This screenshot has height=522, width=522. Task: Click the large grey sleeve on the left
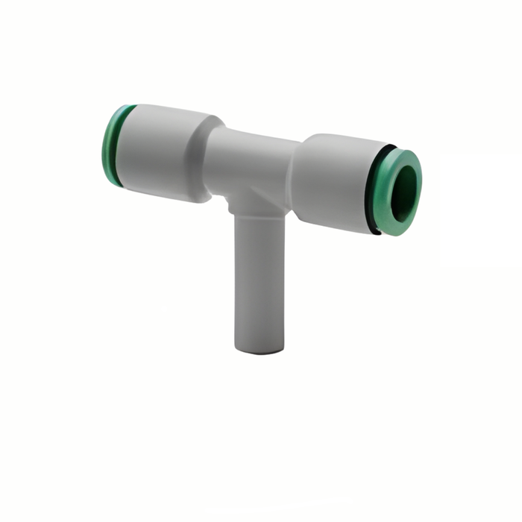pyautogui.click(x=160, y=149)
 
